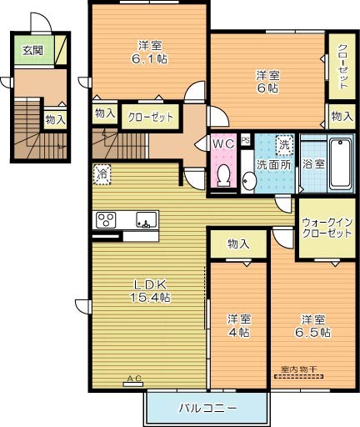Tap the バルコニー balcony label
207,409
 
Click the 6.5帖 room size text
315,331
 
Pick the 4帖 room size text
238,331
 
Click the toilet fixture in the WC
223,173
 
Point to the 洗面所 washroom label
272,164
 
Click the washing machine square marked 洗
284,143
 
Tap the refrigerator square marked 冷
101,174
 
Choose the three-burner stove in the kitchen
107,220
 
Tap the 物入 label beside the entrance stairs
56,120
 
